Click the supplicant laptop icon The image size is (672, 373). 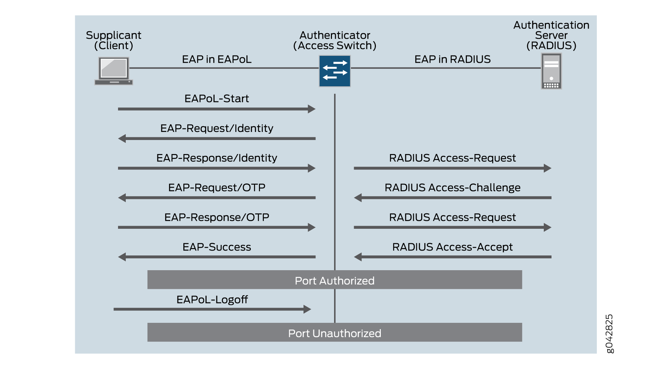pos(113,71)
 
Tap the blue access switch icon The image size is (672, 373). pos(334,71)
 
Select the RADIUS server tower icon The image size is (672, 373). pos(551,71)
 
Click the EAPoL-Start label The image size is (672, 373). pos(216,99)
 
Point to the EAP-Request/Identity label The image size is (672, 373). pos(216,128)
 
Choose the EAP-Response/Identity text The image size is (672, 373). pos(216,158)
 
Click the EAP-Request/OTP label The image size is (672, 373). pos(216,188)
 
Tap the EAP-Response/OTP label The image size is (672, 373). pos(216,217)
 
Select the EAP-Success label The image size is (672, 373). pos(216,247)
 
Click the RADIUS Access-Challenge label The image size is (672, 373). pos(452,188)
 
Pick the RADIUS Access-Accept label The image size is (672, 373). pos(452,247)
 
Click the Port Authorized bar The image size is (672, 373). pos(334,280)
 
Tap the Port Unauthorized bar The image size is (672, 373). pos(334,333)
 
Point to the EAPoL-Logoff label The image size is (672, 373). pos(212,300)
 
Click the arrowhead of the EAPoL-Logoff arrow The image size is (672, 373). pos(307,309)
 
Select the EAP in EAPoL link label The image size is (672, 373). pos(216,59)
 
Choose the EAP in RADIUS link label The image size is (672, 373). pos(452,59)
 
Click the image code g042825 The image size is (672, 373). pos(610,334)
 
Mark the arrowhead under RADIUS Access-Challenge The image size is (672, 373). pos(358,198)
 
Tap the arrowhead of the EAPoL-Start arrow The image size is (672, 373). pos(312,109)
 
